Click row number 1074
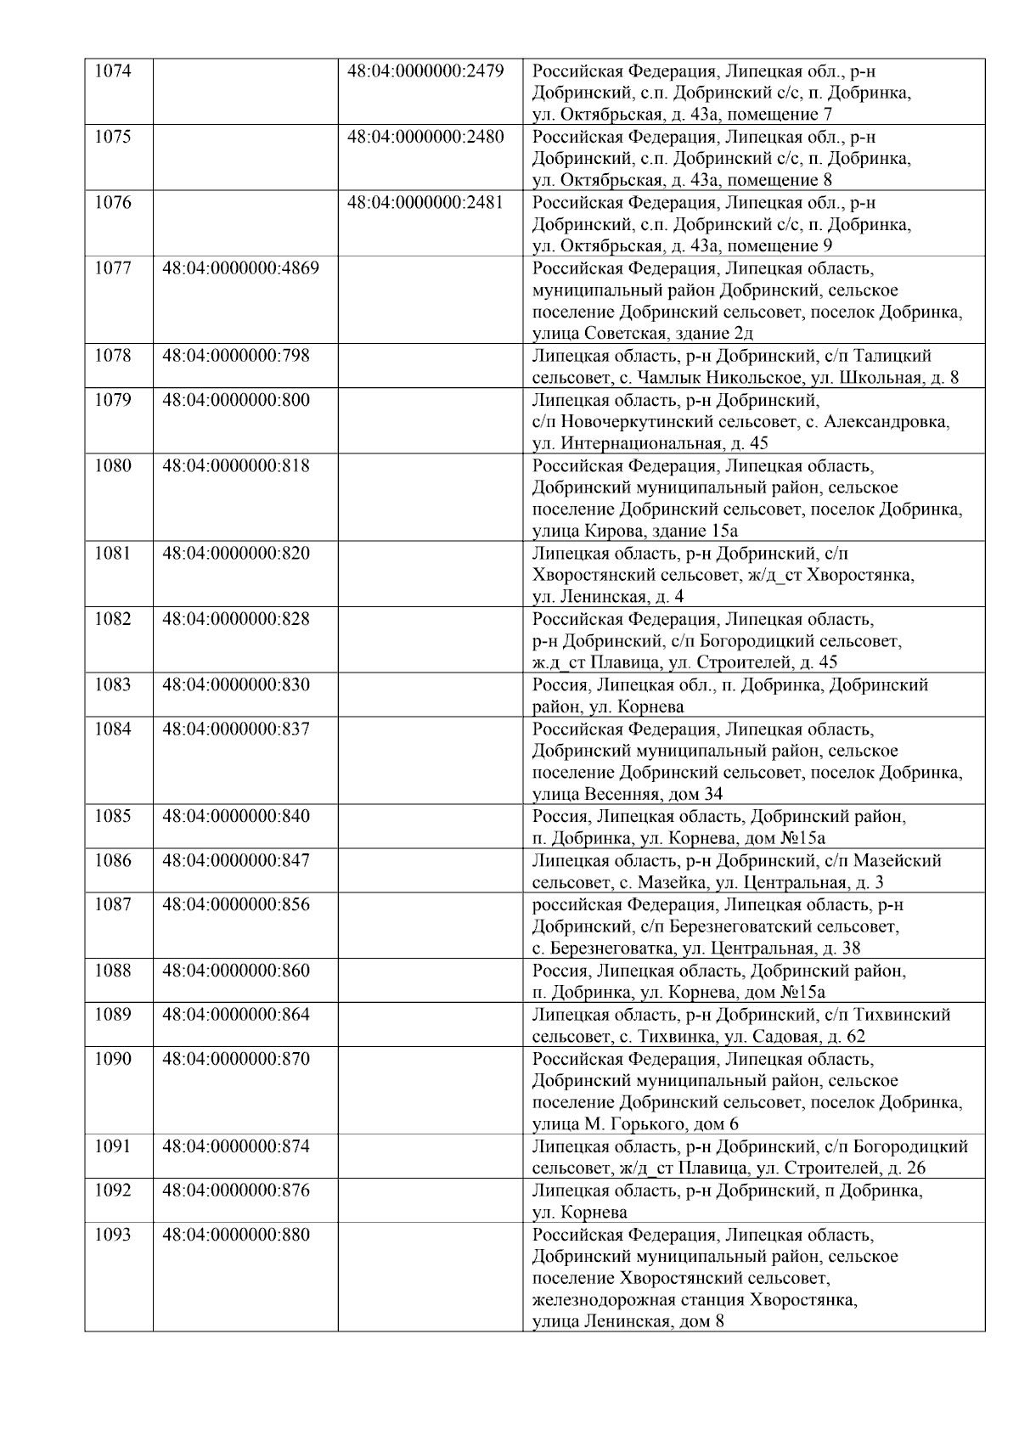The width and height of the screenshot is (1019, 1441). click(113, 71)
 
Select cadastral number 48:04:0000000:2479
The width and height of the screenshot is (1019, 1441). click(425, 71)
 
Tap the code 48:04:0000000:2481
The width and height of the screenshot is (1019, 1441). click(425, 203)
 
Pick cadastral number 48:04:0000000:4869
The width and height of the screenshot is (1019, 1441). click(240, 268)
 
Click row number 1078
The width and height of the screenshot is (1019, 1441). click(113, 356)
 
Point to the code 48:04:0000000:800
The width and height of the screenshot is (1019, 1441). click(236, 400)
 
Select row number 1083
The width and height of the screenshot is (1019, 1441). click(113, 685)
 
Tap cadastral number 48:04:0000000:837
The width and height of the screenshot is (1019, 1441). click(236, 729)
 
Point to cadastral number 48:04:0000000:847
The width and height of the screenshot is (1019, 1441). click(236, 861)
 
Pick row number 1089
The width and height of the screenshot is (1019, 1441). click(113, 1015)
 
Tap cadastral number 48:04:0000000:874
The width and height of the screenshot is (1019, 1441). click(236, 1146)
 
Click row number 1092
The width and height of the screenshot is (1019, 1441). click(113, 1191)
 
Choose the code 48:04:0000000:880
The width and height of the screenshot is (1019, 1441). click(236, 1235)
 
